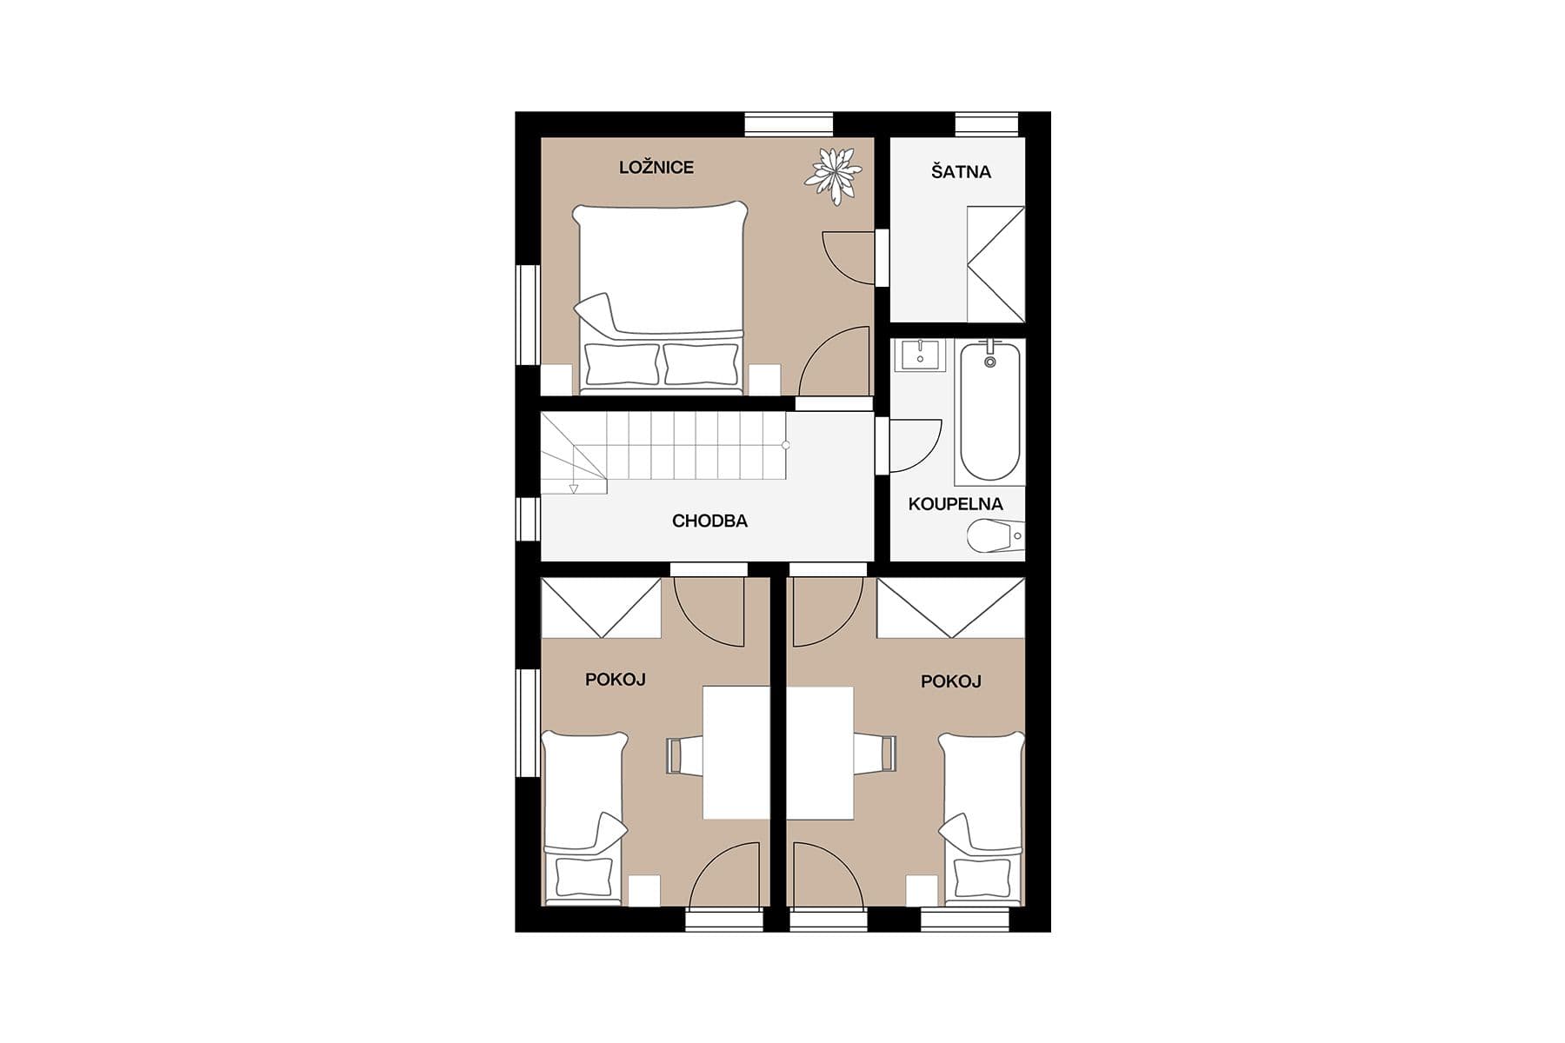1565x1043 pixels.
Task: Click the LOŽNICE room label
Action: tap(656, 167)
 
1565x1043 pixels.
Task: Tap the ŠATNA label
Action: tap(961, 172)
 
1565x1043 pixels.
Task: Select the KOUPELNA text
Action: tap(956, 504)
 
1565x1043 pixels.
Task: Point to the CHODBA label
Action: tap(709, 521)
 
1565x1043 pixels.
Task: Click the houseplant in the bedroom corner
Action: tap(834, 176)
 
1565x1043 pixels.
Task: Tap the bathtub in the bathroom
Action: tap(989, 412)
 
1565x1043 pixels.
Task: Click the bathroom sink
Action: tap(919, 355)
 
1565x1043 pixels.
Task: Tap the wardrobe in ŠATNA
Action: tap(996, 264)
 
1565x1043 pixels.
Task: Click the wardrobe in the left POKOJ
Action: tap(601, 608)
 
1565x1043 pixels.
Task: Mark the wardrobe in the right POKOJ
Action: tap(950, 608)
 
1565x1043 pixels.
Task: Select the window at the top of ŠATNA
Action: tap(986, 124)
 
